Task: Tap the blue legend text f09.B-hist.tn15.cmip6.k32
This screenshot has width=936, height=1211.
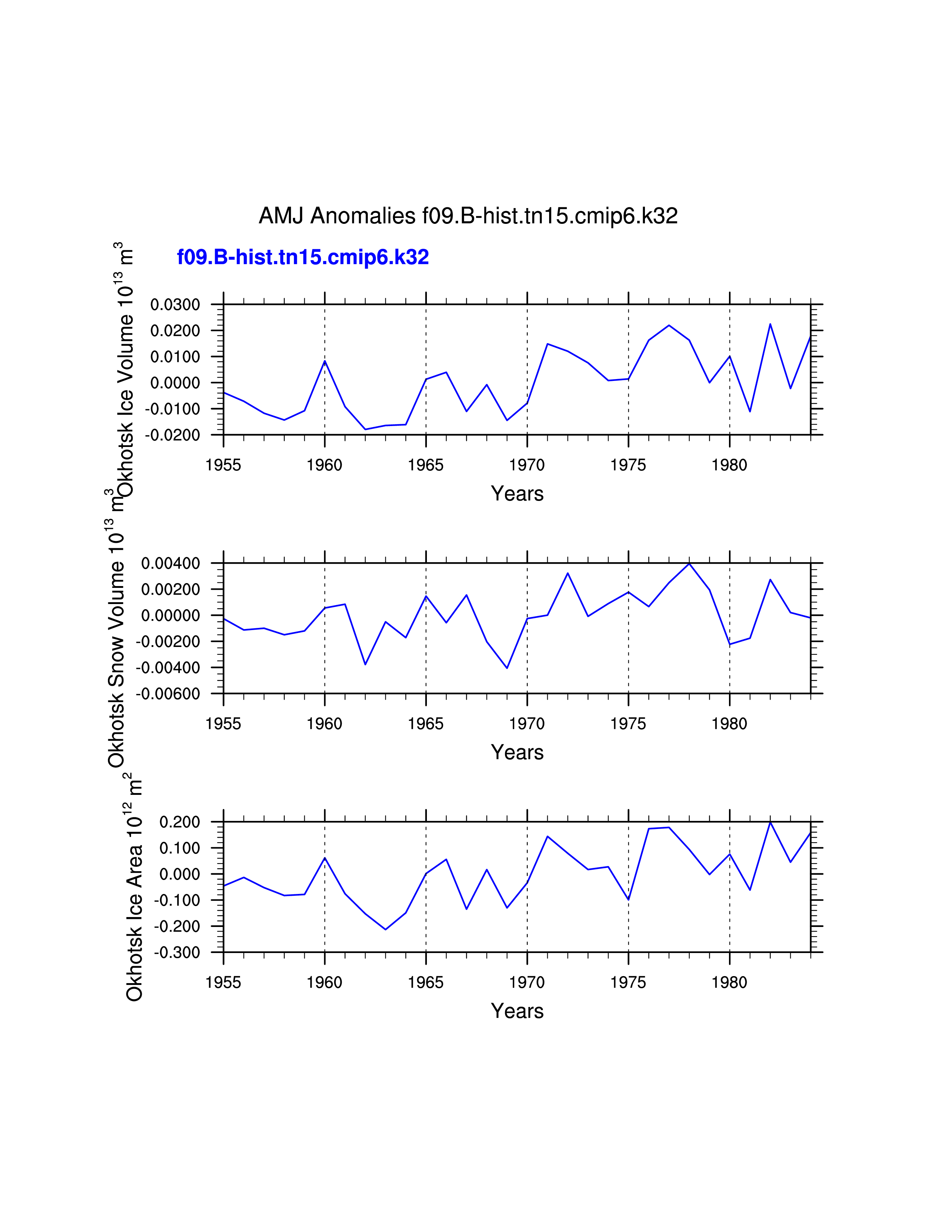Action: click(x=303, y=257)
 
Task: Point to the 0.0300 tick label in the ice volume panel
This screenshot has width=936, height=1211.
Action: click(x=175, y=305)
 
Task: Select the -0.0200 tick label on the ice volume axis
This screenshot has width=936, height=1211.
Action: click(x=173, y=435)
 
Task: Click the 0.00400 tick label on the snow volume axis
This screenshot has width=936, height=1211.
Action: click(x=170, y=563)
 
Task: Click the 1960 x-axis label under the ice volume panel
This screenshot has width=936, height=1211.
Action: click(x=324, y=465)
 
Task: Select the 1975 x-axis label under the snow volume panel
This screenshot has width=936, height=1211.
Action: click(x=628, y=724)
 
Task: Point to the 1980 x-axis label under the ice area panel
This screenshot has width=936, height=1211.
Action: click(x=729, y=982)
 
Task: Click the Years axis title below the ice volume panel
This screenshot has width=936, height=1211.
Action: click(x=517, y=494)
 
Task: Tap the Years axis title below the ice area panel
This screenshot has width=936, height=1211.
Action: click(x=517, y=1011)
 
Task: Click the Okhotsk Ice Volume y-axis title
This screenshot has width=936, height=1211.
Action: click(x=125, y=370)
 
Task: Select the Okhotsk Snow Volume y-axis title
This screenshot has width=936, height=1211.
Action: click(x=116, y=643)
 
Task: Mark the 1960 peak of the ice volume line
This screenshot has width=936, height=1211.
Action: click(x=325, y=361)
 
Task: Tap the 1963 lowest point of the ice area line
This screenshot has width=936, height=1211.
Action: click(x=385, y=929)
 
